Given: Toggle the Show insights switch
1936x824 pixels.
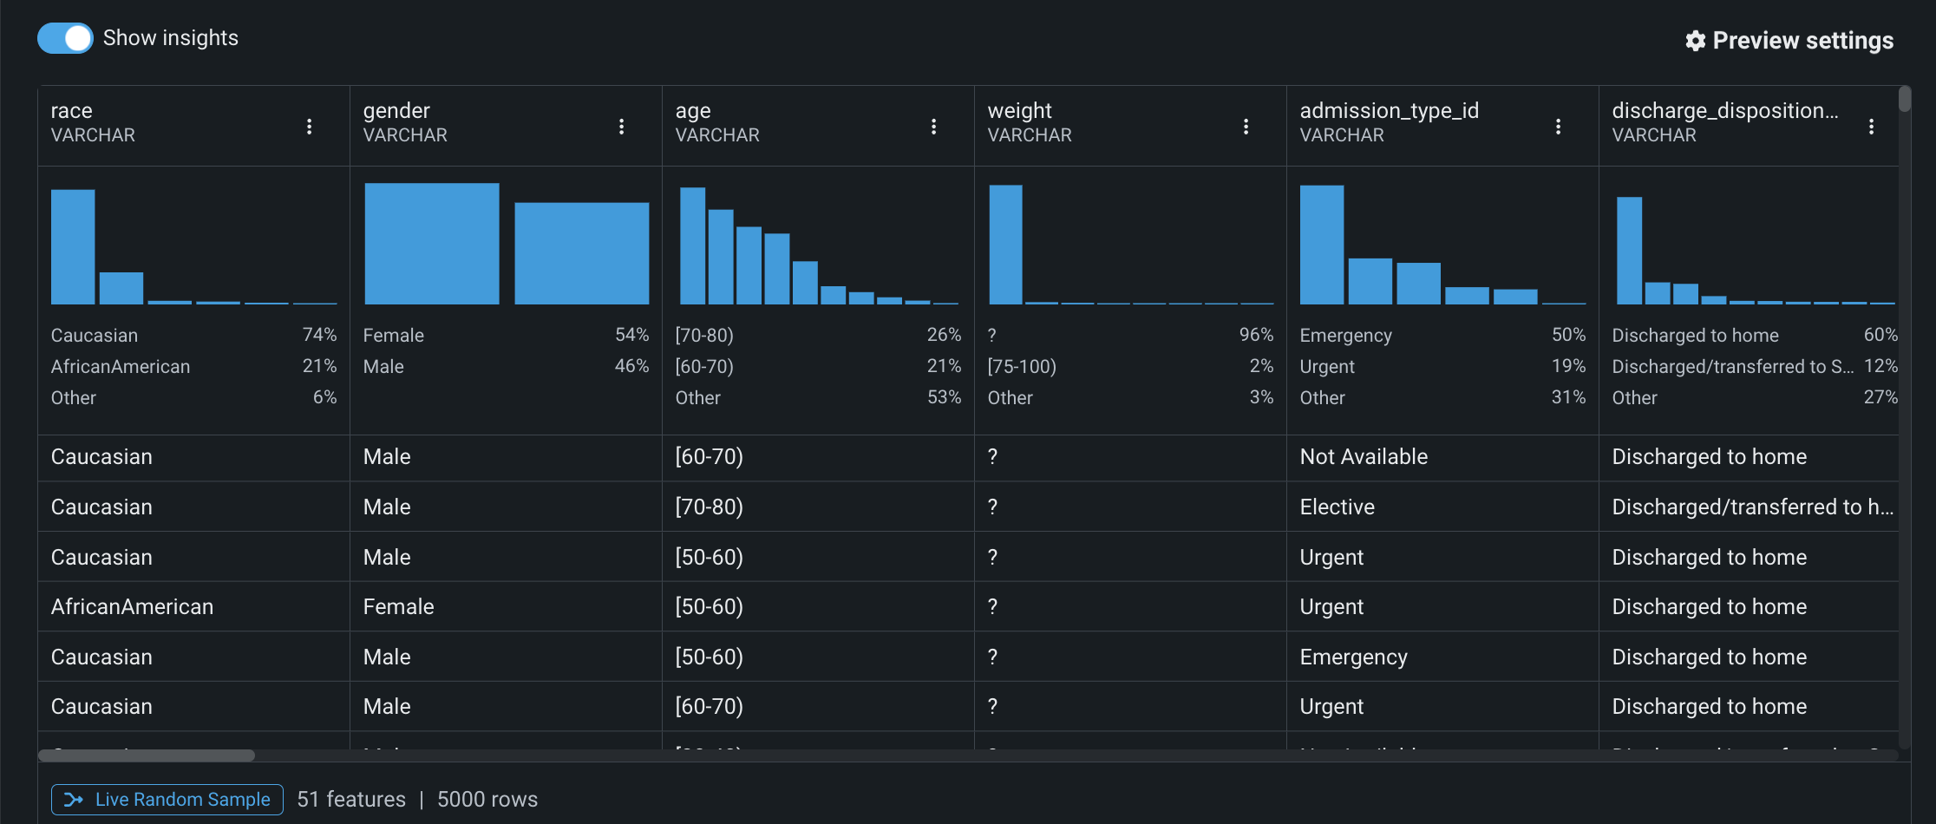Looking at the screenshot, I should tap(65, 38).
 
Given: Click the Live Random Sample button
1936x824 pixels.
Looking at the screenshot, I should tap(167, 799).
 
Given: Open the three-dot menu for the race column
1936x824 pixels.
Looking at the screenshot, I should tap(310, 127).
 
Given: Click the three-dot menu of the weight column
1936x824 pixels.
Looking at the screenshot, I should tap(1246, 127).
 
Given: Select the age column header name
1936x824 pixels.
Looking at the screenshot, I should tap(693, 111).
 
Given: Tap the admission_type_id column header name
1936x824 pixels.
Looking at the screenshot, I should tap(1389, 111).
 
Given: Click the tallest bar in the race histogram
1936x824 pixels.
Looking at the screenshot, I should tap(73, 247).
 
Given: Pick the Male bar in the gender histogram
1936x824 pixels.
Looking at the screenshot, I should tap(581, 253).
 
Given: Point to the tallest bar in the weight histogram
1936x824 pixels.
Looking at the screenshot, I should tap(1005, 245).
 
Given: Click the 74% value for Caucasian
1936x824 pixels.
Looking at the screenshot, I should tap(319, 335).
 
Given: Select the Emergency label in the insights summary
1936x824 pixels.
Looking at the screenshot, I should tap(1345, 336).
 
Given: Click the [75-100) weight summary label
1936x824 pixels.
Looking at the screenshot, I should tap(1022, 367).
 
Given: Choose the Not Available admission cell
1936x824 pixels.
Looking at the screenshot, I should tap(1364, 457).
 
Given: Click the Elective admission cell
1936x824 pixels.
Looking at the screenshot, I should tap(1337, 507).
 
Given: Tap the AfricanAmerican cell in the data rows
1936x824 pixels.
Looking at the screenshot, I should tap(132, 607).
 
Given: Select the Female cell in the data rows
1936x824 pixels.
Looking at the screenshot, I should tap(398, 607).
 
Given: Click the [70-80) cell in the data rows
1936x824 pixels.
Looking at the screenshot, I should tap(709, 507).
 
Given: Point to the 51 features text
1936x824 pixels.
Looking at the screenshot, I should tap(351, 800).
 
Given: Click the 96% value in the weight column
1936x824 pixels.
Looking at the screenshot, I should tap(1256, 335).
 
